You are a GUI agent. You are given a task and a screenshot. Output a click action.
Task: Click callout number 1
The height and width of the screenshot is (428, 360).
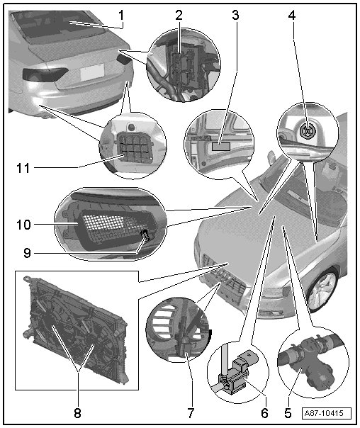coord(121,16)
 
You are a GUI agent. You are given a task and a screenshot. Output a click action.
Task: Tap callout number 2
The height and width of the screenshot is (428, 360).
coord(179,16)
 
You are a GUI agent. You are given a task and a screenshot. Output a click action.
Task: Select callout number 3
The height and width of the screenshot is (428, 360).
coord(235,16)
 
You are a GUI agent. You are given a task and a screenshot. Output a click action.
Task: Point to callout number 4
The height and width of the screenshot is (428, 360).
coord(292,16)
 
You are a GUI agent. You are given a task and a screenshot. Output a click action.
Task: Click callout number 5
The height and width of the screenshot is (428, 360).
coord(288,413)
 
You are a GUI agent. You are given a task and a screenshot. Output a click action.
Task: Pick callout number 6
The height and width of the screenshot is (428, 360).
coord(264,413)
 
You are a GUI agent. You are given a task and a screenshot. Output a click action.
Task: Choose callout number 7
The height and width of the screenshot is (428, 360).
coord(191,413)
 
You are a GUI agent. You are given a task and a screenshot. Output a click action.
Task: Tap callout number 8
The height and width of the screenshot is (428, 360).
coord(77,413)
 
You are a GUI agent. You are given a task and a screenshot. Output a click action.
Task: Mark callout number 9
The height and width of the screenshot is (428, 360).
coord(28,253)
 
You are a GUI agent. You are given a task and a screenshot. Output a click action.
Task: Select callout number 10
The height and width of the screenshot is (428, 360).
coord(24,225)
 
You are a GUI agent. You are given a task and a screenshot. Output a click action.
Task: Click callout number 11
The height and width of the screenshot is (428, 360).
coord(23,168)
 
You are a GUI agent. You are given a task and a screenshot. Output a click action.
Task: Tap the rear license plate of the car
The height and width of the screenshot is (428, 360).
coord(92,72)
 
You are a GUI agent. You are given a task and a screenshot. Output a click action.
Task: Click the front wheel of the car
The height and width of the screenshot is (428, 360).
coord(323,289)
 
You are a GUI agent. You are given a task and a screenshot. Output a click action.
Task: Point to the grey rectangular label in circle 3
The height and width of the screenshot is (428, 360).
coord(221,147)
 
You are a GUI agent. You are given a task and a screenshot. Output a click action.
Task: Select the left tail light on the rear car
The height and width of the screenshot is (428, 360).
coord(45,74)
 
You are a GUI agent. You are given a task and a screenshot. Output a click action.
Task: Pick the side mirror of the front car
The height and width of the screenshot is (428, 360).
coord(272,158)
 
